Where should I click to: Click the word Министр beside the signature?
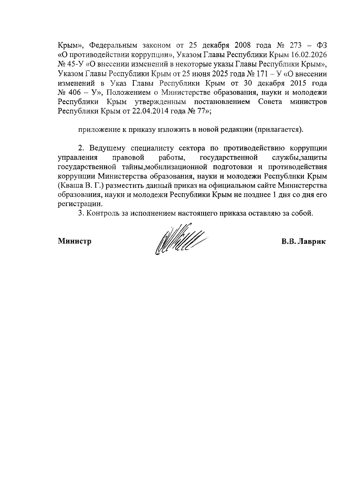pos(75,241)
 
